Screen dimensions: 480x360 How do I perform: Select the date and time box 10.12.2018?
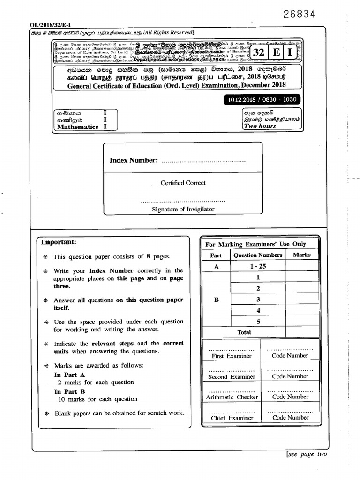click(262, 100)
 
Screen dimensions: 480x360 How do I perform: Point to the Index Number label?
click(134, 160)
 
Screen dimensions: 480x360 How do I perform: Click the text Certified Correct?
click(183, 183)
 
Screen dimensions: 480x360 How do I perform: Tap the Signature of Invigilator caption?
click(183, 209)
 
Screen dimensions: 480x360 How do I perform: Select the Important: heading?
click(59, 242)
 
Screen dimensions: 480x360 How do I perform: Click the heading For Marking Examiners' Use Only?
click(255, 244)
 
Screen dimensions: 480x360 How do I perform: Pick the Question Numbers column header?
click(258, 255)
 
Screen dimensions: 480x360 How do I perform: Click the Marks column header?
click(301, 255)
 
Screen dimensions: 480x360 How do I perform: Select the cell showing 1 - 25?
click(258, 266)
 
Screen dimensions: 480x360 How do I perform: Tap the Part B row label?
click(216, 300)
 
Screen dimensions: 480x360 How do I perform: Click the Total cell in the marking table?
click(244, 332)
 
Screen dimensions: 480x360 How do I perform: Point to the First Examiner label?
click(232, 356)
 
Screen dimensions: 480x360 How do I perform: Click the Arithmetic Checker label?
click(232, 397)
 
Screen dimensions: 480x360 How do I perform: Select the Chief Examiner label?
click(232, 418)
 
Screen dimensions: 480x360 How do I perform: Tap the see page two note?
click(307, 454)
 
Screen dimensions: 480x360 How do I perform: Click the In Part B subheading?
click(69, 391)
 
